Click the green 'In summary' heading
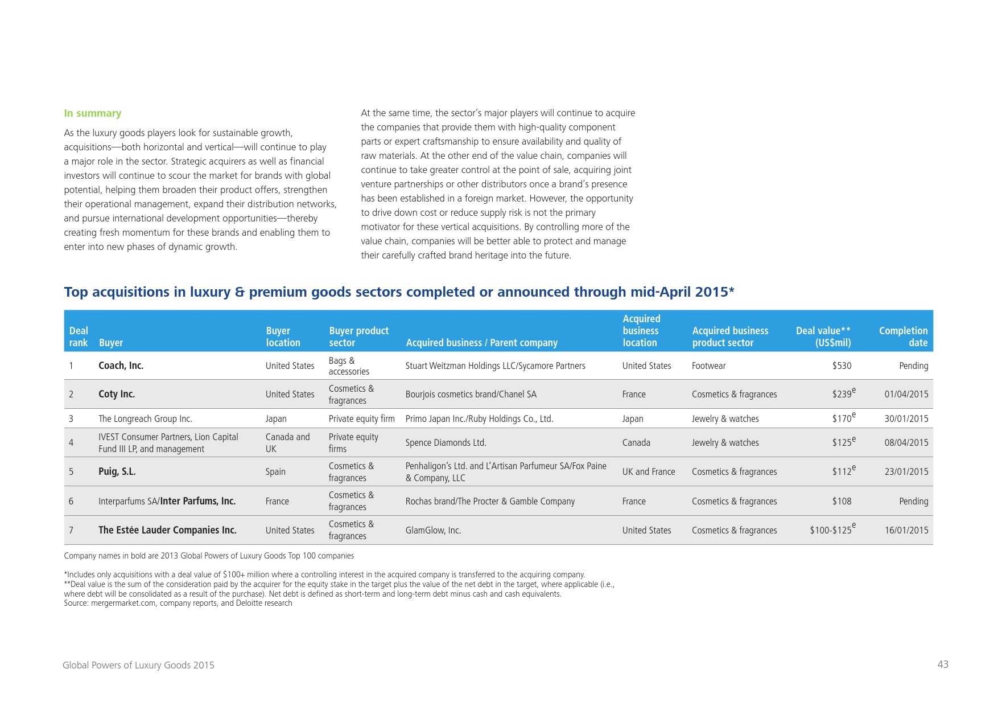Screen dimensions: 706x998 92,113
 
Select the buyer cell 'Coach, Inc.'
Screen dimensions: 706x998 121,366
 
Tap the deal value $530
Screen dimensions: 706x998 842,366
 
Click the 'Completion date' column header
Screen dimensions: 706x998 903,336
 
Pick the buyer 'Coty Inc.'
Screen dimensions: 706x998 117,394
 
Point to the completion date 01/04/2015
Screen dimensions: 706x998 906,394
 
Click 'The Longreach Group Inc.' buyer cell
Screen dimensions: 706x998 145,418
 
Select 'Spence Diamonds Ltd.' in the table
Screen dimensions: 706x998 446,442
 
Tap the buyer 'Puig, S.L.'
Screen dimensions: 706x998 117,471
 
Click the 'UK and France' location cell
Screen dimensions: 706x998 648,471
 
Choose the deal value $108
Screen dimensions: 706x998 842,501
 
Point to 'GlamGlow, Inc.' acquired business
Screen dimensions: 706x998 433,530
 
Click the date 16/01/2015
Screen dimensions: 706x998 906,530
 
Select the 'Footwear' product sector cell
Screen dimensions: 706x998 708,366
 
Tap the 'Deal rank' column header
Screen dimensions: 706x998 79,336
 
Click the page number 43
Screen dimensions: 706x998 943,664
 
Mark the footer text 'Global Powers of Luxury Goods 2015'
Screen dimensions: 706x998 138,665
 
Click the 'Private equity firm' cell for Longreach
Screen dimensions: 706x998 361,418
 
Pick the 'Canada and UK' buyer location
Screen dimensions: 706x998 287,442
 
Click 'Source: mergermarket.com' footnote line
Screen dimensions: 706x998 178,603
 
